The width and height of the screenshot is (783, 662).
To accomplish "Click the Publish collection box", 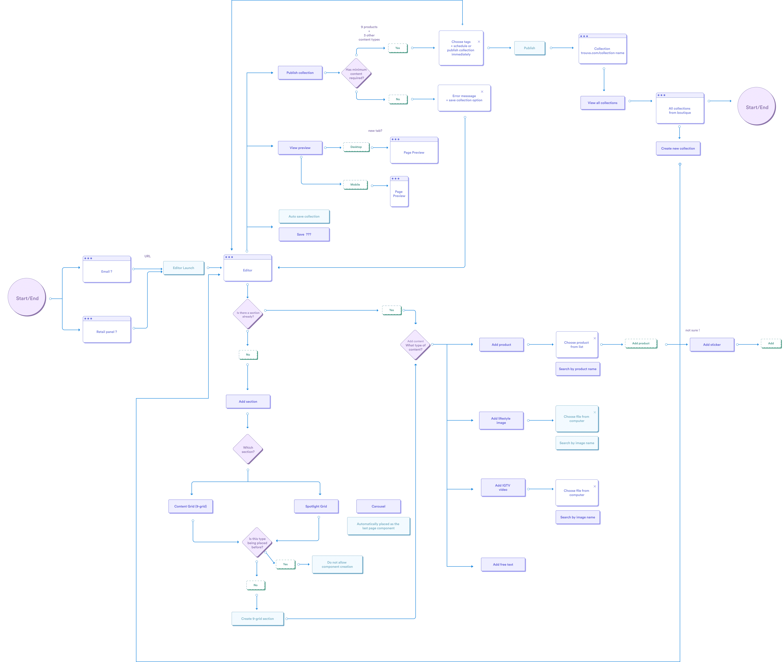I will [300, 73].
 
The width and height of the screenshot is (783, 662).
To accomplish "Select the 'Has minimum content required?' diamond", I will [356, 73].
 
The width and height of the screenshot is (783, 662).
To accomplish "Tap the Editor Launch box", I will [183, 268].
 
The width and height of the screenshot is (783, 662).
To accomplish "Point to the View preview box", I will [300, 148].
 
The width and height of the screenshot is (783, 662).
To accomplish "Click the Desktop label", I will [356, 147].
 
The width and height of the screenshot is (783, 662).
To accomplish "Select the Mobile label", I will [355, 185].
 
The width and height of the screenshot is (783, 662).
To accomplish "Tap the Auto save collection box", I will [304, 217].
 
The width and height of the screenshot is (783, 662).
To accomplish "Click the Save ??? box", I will [304, 235].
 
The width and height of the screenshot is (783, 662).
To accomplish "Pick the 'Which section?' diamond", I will [248, 449].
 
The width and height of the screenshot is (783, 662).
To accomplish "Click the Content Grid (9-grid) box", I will [191, 506].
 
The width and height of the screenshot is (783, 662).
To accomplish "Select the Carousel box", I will [378, 506].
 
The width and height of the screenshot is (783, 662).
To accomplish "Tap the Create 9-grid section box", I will [258, 618].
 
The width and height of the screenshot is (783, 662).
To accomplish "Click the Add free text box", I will [503, 564].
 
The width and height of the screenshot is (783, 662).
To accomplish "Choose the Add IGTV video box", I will [503, 488].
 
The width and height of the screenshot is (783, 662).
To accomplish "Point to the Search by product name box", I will [578, 369].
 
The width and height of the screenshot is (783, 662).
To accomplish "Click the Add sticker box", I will [712, 344].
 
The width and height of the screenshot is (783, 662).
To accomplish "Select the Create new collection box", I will [678, 149].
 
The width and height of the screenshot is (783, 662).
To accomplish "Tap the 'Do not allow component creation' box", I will [337, 564].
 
